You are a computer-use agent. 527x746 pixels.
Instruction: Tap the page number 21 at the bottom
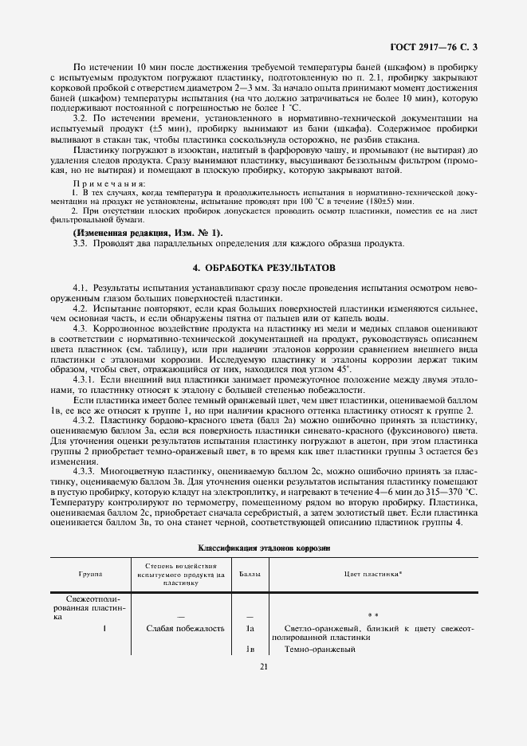(263, 668)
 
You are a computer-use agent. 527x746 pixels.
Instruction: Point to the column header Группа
(90, 574)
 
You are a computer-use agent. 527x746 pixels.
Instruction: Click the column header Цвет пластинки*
(373, 574)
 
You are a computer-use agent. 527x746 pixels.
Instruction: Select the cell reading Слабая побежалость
(184, 628)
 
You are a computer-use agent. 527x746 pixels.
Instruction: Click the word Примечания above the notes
(104, 184)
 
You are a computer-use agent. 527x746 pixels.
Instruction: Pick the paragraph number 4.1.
(80, 285)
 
